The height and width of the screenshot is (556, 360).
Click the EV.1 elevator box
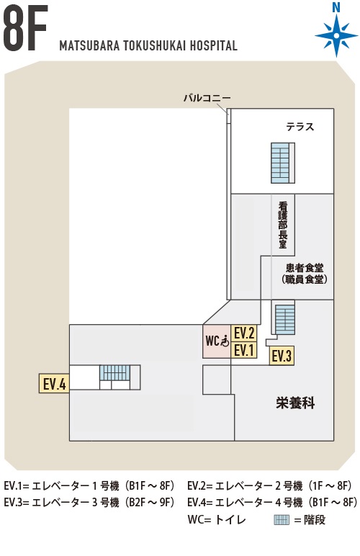click(244, 350)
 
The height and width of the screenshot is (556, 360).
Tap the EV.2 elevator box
click(244, 333)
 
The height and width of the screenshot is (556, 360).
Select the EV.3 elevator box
click(282, 356)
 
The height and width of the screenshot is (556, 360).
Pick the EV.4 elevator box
click(54, 383)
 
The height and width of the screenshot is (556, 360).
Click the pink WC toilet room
click(217, 341)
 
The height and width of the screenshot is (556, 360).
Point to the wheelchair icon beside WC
click(225, 341)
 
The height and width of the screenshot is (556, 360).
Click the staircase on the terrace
click(283, 163)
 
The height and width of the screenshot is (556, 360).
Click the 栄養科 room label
click(295, 403)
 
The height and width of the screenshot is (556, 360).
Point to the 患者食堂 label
click(305, 268)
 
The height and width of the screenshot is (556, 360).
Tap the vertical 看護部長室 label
click(283, 225)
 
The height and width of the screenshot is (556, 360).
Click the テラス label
click(300, 127)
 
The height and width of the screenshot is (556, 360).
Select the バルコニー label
click(207, 98)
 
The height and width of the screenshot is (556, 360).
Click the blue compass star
click(336, 35)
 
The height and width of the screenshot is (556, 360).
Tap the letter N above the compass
click(336, 7)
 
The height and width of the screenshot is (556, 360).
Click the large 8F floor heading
click(25, 28)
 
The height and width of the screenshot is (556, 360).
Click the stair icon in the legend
click(282, 520)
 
